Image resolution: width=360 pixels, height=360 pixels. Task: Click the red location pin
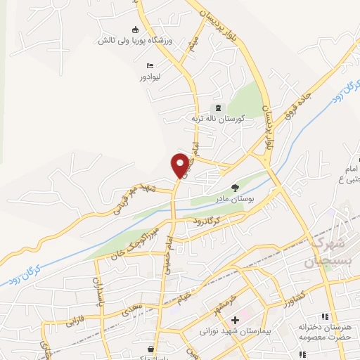(181, 164)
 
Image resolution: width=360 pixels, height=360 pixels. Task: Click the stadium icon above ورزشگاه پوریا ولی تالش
(135, 30)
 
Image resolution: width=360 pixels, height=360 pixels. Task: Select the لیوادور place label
(150, 76)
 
